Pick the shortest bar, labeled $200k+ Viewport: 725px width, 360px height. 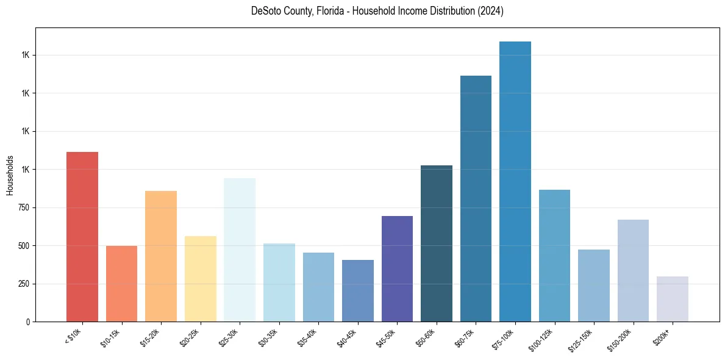673,299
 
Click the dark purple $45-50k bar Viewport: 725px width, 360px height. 397,268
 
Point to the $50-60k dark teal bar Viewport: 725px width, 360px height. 437,243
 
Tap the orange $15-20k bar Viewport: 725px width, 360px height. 161,256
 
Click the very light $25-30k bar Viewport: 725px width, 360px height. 240,250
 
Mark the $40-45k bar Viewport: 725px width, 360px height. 358,290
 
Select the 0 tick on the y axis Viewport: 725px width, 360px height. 27,322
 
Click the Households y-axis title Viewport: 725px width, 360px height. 10,175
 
